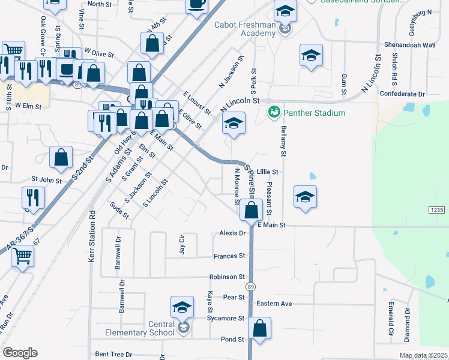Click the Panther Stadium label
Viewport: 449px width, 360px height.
(315, 113)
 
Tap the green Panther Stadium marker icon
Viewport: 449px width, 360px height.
(274, 112)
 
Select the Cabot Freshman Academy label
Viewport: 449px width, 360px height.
(246, 29)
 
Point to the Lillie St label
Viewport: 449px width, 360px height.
(268, 171)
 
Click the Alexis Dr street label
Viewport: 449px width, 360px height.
(233, 233)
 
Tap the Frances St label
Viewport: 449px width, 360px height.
(229, 256)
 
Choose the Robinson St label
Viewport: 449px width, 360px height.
(227, 277)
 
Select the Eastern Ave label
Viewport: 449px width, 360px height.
(274, 304)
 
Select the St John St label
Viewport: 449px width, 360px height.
(47, 179)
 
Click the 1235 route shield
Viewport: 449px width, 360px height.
(437, 209)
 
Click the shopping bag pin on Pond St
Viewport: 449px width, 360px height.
(259, 329)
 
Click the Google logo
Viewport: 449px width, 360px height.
(20, 353)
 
